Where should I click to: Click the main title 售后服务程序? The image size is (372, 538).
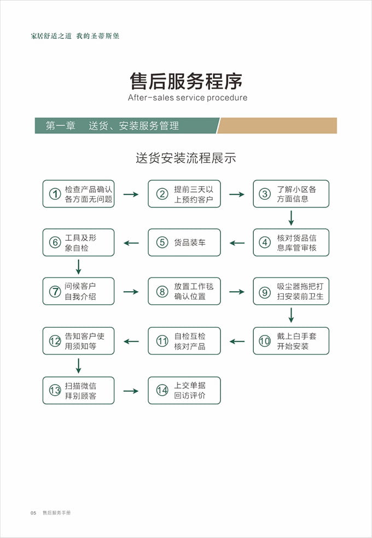tap(186, 81)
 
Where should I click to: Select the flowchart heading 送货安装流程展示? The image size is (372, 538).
tap(186, 158)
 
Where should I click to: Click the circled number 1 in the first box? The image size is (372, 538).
tap(55, 194)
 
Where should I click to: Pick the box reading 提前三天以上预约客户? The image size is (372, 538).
tap(184, 194)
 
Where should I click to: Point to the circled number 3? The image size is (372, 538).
tap(265, 194)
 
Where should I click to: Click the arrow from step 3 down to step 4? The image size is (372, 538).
tap(291, 218)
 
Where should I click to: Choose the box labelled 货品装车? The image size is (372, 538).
tap(184, 242)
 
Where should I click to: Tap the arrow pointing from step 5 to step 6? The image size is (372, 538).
tap(131, 242)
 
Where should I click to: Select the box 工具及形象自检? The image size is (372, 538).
tap(78, 242)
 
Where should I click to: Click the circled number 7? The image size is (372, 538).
tap(55, 292)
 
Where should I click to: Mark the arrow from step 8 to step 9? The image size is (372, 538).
tap(236, 292)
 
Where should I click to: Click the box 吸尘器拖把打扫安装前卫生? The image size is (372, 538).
tap(291, 292)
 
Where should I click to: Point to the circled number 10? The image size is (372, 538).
tap(265, 341)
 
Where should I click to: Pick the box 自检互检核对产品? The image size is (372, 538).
tap(184, 341)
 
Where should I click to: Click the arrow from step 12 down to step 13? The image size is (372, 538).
tap(78, 365)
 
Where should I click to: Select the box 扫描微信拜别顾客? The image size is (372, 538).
tap(78, 390)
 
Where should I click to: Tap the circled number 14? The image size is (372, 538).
tap(162, 390)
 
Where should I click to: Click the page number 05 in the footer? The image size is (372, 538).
tap(33, 513)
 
